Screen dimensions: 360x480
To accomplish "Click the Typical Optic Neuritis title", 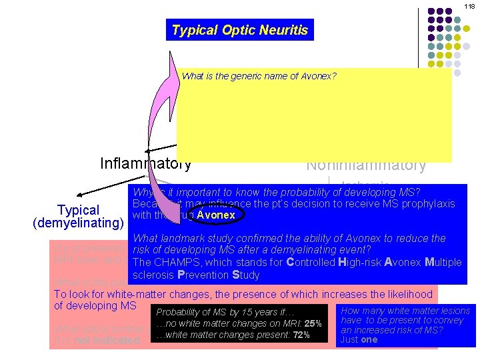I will tap(240, 30).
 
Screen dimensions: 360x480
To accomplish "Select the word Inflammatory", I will tap(145, 163).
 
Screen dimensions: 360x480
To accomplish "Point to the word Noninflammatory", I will tap(365, 165).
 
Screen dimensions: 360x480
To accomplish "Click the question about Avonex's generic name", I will tap(259, 76).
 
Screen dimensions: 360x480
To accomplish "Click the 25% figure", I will tap(313, 324).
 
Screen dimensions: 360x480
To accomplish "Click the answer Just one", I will tap(359, 339).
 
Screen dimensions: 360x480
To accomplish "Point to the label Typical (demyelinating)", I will tap(79, 217).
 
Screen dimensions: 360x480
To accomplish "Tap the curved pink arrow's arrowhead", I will tap(175, 66).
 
